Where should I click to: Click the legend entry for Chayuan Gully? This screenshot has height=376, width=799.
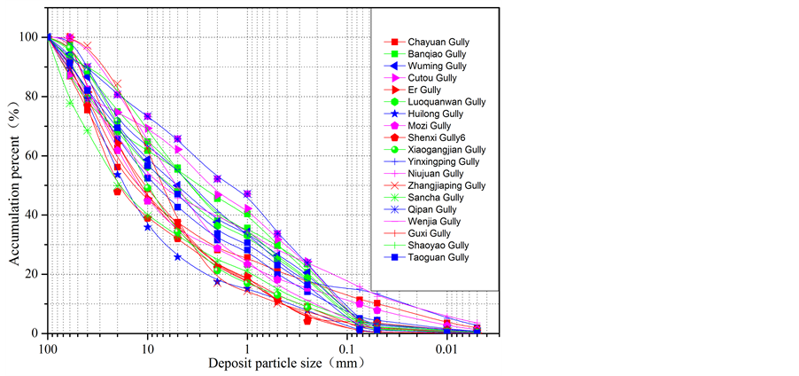[x=438, y=42]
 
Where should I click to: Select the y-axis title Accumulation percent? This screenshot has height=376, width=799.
[x=13, y=184]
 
